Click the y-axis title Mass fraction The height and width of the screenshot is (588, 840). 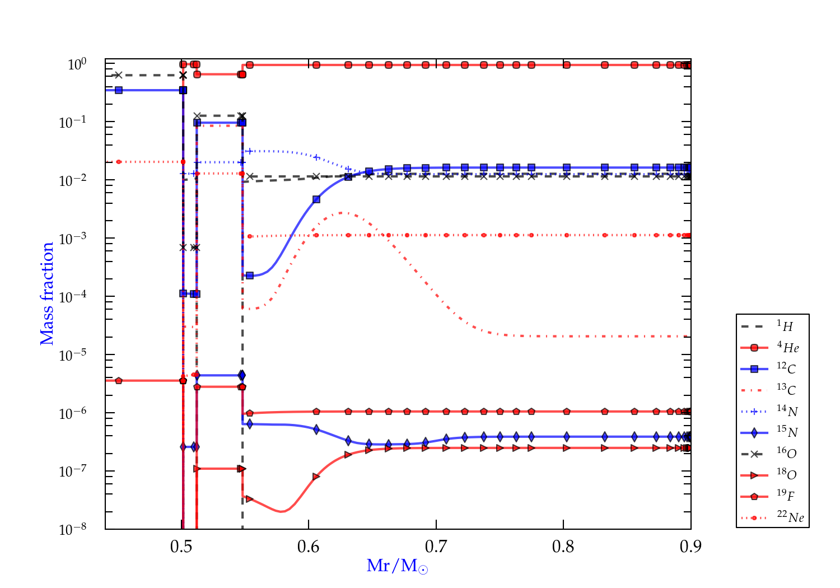[x=47, y=293]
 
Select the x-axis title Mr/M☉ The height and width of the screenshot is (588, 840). [x=397, y=566]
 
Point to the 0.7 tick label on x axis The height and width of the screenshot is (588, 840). [x=436, y=547]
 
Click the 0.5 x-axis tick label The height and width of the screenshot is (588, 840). [x=181, y=547]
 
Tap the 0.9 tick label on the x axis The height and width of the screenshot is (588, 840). [x=690, y=547]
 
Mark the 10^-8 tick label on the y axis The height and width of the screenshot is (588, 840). [x=73, y=529]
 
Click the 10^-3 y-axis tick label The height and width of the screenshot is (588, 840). [x=73, y=237]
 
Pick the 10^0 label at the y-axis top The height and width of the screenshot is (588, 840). [x=77, y=64]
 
